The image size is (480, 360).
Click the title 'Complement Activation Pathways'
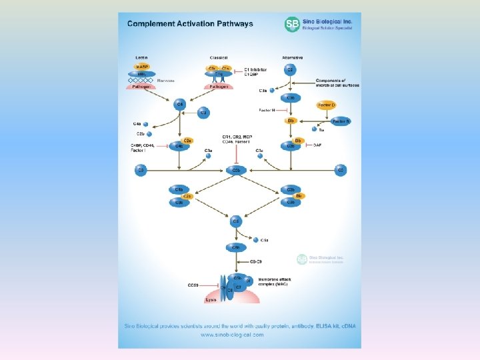point(190,24)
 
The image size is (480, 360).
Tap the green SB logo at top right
point(292,25)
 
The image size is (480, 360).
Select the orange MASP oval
point(142,67)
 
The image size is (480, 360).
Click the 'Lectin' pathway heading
point(141,58)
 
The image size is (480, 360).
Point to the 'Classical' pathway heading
point(218,58)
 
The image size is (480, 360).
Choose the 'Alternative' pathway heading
point(292,58)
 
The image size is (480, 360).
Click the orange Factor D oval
point(327,105)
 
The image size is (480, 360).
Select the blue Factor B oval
point(341,121)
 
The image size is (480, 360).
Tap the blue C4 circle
point(179,105)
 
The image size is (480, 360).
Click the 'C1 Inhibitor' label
point(256,69)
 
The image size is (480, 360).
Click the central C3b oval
point(236,171)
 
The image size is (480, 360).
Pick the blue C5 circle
point(236,221)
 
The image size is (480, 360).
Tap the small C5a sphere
point(256,239)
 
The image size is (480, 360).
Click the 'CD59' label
point(193,285)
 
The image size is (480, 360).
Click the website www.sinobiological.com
point(232,335)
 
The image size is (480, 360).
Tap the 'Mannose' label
point(166,80)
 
